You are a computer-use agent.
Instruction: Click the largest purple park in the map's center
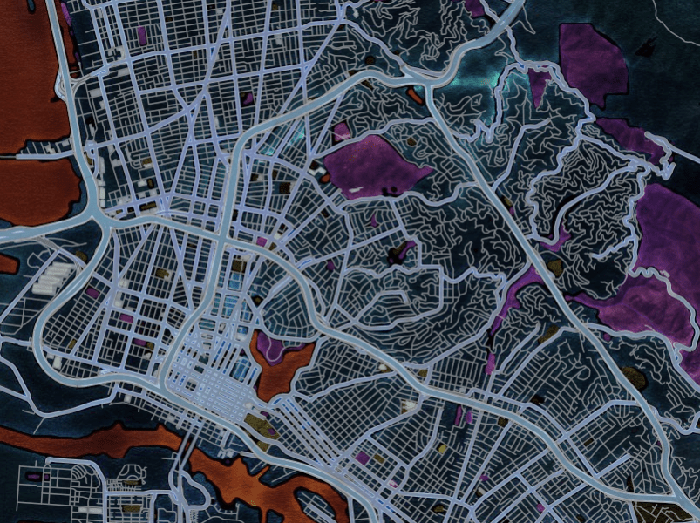tap(370, 166)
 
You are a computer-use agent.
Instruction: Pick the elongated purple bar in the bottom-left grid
tap(34, 477)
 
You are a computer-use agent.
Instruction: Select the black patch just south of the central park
tap(398, 255)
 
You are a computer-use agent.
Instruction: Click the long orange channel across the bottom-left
tap(87, 440)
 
